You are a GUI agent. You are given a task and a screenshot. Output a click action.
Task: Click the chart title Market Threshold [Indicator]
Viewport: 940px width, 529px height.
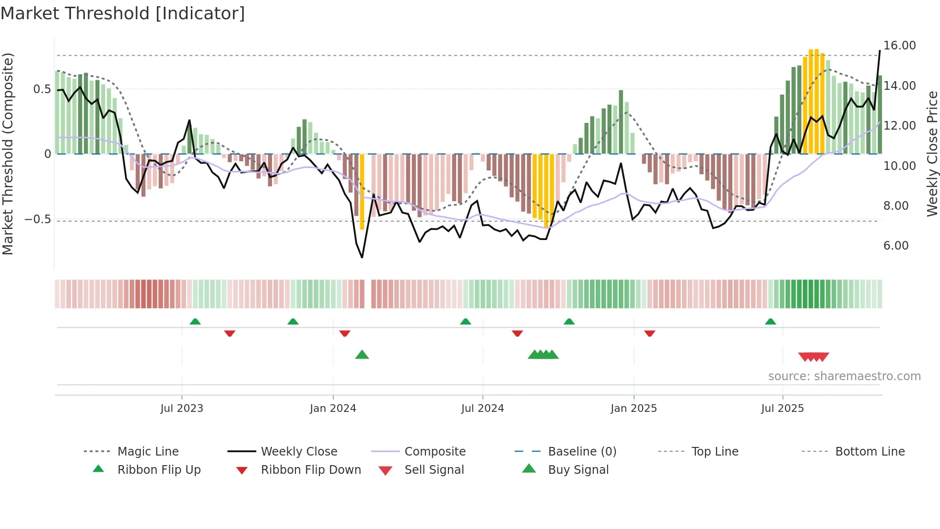[123, 13]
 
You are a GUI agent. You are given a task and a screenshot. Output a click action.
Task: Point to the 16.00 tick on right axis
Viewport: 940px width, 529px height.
[899, 46]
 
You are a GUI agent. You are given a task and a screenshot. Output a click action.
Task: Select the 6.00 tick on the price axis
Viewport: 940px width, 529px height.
[895, 246]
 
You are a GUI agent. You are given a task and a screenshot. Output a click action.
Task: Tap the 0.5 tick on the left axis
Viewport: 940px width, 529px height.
[42, 89]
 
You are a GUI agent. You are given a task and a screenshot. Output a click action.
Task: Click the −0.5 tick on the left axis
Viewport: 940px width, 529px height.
[37, 219]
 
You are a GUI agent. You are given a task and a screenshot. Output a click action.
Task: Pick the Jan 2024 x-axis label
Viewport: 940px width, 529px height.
[333, 409]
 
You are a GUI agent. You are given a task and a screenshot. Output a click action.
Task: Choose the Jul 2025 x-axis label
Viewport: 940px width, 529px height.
[782, 409]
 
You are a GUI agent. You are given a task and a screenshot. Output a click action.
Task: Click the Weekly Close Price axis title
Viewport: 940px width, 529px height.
[932, 154]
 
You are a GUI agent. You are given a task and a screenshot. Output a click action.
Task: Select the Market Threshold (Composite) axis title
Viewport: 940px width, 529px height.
[8, 154]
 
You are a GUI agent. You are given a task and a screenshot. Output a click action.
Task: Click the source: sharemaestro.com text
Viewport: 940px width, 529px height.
[844, 376]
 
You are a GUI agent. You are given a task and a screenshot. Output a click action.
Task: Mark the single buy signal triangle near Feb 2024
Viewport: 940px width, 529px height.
[362, 355]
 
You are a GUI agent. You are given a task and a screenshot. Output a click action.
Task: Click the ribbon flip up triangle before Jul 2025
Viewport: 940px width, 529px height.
[770, 322]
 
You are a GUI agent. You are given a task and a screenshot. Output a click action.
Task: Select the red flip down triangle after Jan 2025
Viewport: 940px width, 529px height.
[650, 333]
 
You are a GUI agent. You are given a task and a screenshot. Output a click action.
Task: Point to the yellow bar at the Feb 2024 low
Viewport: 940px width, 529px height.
[362, 192]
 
